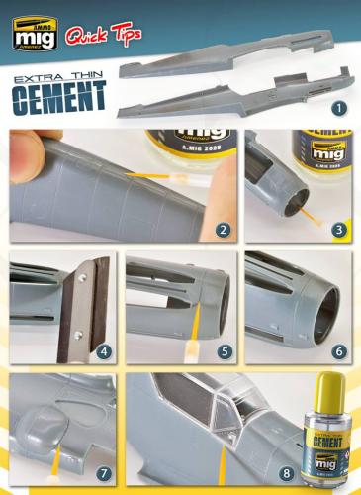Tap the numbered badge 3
(x=339, y=231)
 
